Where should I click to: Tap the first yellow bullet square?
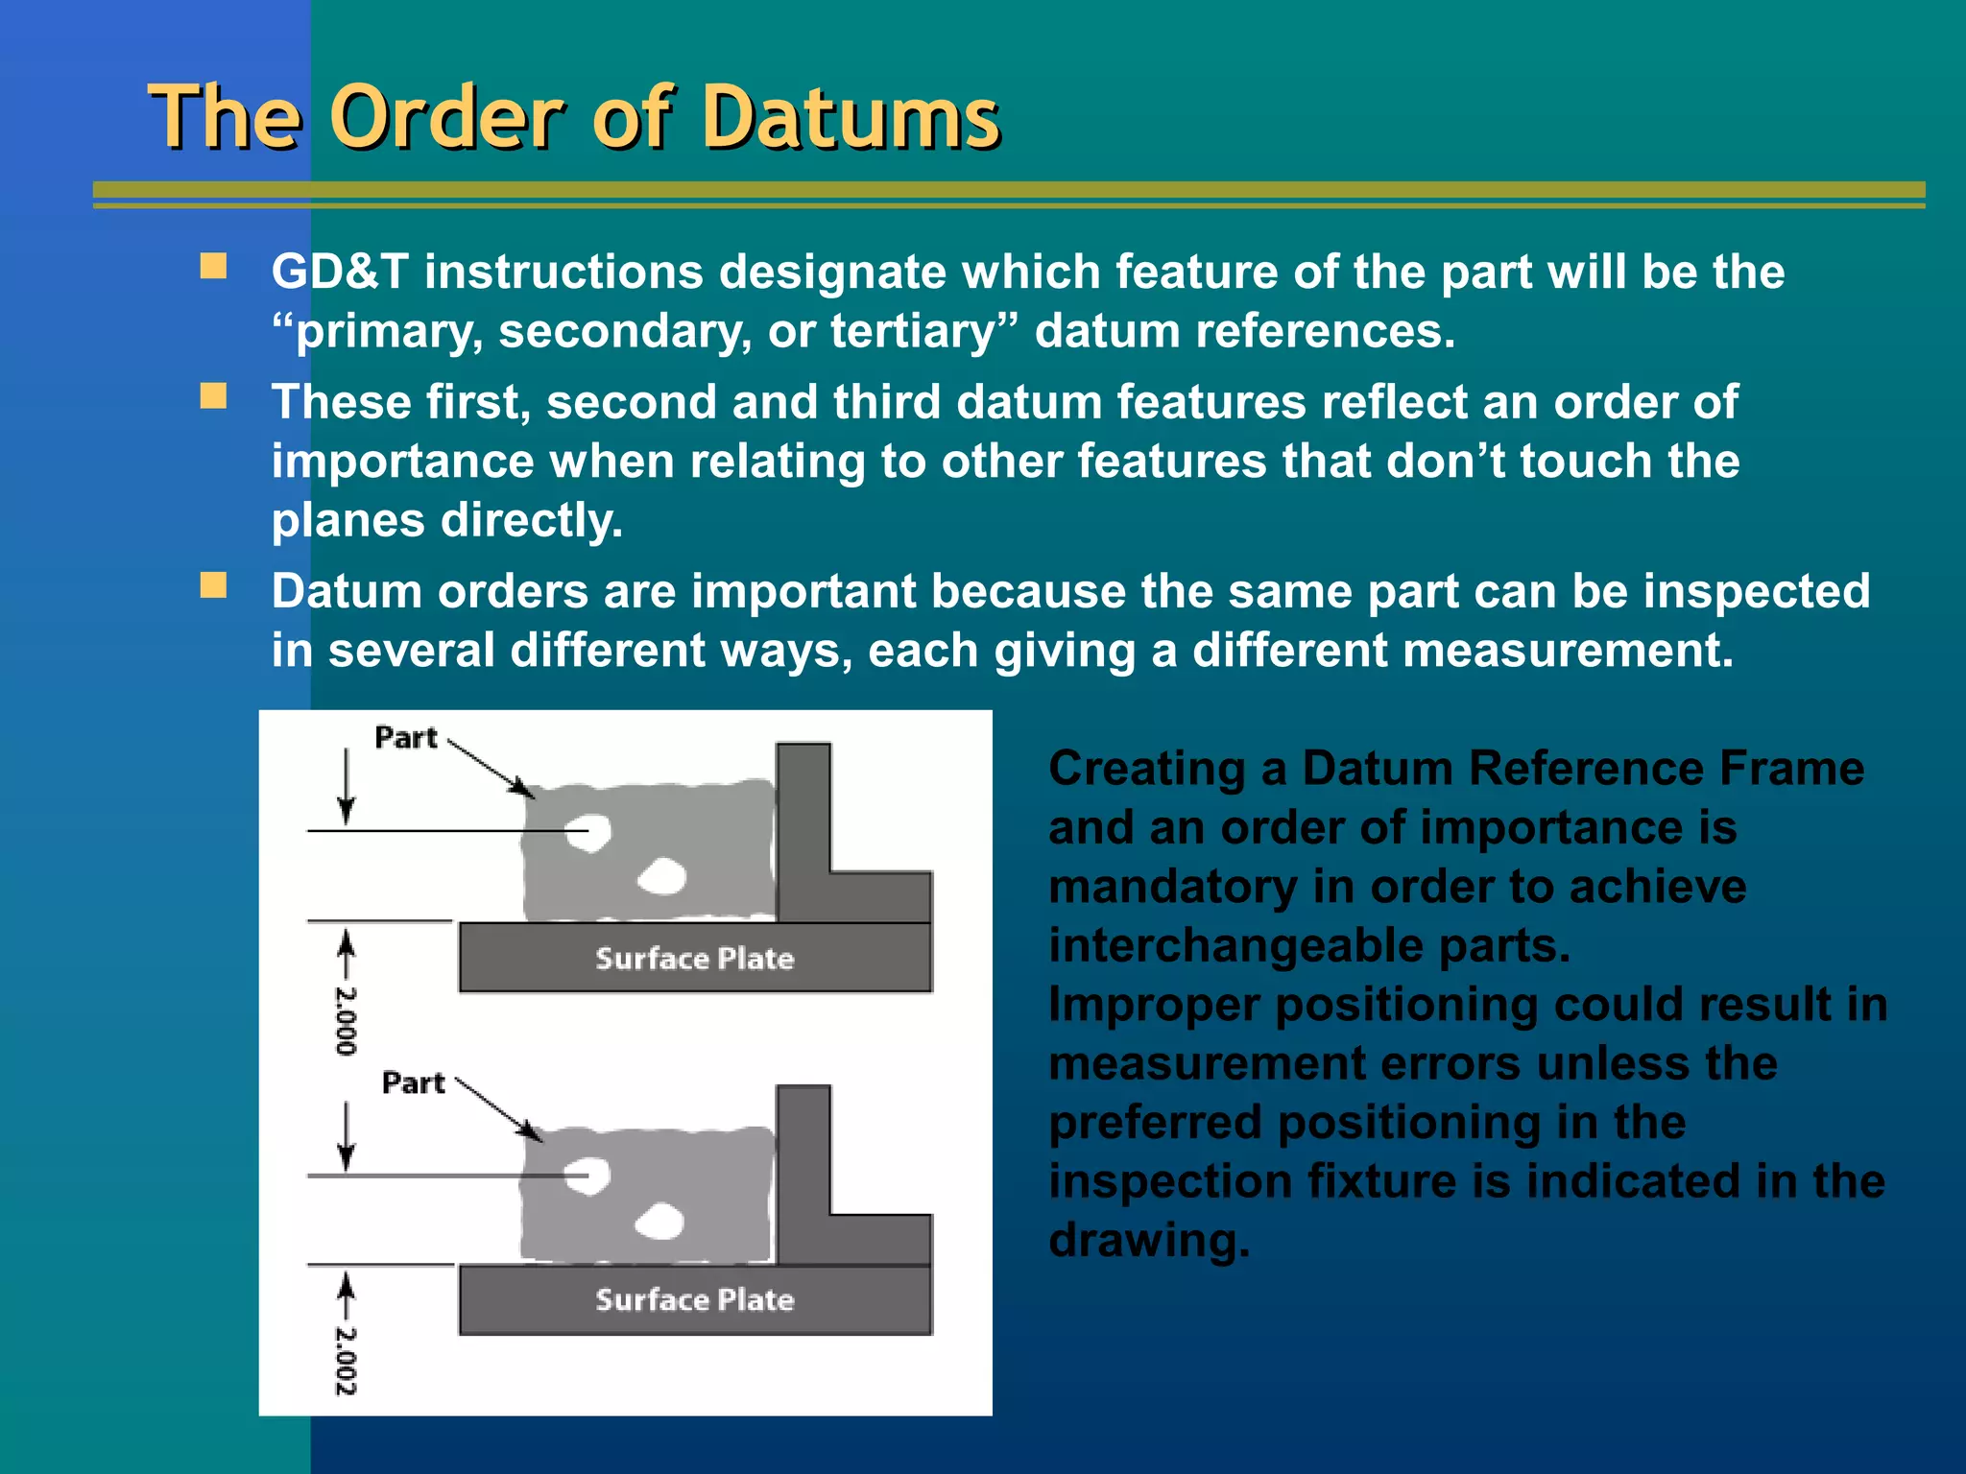[x=213, y=266]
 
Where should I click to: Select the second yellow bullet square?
[x=213, y=396]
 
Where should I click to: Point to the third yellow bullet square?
[x=213, y=585]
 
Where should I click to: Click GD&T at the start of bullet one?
[x=340, y=272]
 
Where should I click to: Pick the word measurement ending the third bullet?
[x=1558, y=651]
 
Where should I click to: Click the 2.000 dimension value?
[x=346, y=1020]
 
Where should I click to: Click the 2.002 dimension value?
[x=346, y=1360]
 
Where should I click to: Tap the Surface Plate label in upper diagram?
[x=694, y=958]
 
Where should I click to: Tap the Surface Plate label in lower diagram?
[x=694, y=1299]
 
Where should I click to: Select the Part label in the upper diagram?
[x=405, y=738]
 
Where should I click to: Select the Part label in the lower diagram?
[x=413, y=1082]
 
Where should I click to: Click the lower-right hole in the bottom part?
[x=660, y=1221]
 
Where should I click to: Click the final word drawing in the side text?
[x=1148, y=1240]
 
